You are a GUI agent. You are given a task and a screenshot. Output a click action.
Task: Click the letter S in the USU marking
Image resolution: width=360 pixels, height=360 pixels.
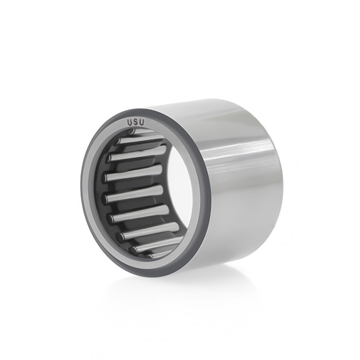tap(136, 122)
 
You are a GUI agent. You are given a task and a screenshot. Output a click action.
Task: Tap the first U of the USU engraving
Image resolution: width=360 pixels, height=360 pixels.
tap(130, 123)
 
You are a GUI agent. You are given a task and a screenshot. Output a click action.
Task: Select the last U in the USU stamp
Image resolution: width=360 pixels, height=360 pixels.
tap(142, 122)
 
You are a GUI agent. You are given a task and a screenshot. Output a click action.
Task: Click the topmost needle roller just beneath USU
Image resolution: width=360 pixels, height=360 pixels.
tap(146, 130)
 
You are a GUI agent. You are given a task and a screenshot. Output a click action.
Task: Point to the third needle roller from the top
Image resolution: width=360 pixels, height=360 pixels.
tap(137, 153)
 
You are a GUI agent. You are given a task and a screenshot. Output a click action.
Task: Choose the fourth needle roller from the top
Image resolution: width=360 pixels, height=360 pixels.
tap(134, 173)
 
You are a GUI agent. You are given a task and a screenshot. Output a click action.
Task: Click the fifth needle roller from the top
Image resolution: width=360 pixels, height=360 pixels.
tap(134, 194)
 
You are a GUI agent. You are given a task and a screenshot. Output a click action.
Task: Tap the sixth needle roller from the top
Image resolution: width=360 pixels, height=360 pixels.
tap(139, 214)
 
